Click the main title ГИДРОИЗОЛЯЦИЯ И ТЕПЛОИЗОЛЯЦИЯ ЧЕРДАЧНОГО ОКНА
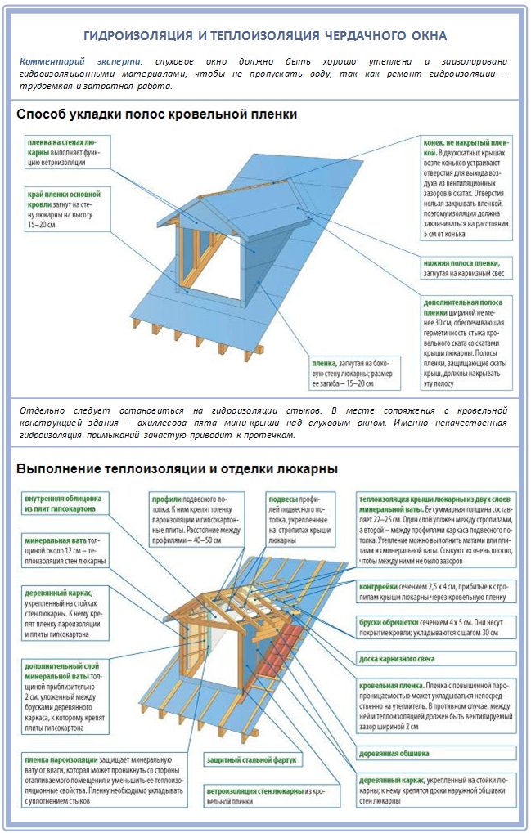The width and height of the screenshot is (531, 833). coord(265,35)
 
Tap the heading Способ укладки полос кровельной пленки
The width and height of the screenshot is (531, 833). coord(156,114)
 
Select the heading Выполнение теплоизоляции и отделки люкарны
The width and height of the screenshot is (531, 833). coord(177,469)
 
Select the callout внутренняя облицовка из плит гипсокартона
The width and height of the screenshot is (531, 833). coord(63,503)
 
